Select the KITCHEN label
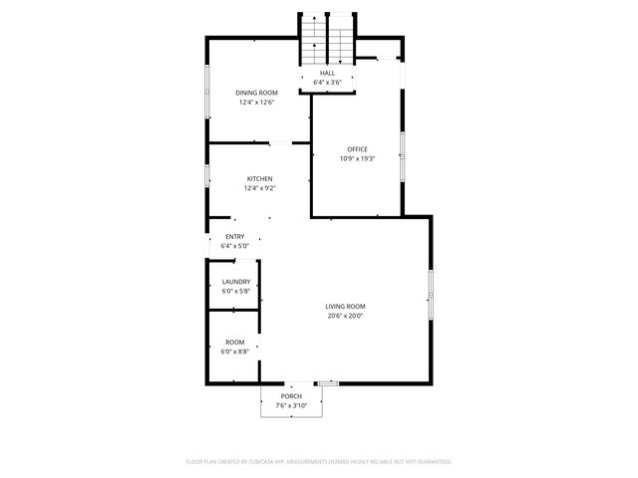[x=259, y=179]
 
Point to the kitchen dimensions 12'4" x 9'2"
[x=259, y=188]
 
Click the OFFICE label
[x=357, y=149]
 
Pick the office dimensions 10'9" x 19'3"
[x=357, y=158]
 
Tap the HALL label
[x=327, y=73]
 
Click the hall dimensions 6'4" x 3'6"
[x=327, y=82]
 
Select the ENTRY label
[x=234, y=236]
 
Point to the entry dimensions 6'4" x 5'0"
[x=234, y=245]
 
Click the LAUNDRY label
[x=235, y=282]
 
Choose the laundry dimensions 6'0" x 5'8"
[x=235, y=291]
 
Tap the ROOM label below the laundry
[x=233, y=342]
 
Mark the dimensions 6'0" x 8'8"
[x=233, y=351]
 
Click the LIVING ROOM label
[x=345, y=307]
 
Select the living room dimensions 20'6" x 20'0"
[x=345, y=316]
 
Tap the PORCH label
[x=290, y=396]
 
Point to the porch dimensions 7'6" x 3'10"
[x=290, y=405]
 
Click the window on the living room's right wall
[x=431, y=294]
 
